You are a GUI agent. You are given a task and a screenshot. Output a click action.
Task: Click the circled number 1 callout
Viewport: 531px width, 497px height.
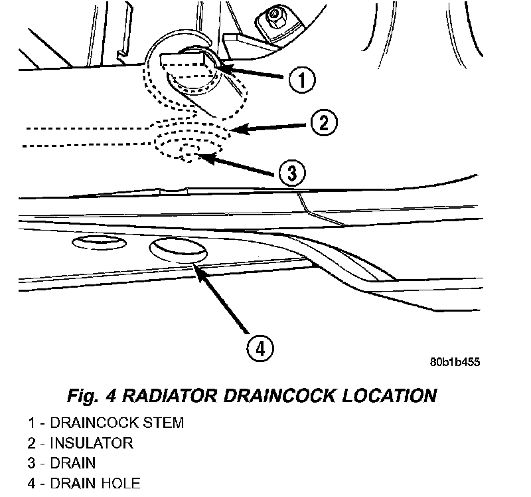point(302,80)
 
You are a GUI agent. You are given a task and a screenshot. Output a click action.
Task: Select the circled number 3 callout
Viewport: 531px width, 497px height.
point(292,173)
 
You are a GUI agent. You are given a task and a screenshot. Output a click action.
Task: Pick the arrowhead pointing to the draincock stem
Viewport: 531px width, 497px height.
point(222,66)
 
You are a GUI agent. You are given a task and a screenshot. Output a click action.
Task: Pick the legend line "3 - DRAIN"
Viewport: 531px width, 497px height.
point(62,462)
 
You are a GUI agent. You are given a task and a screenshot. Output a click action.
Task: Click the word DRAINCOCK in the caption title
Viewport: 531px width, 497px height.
point(282,396)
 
